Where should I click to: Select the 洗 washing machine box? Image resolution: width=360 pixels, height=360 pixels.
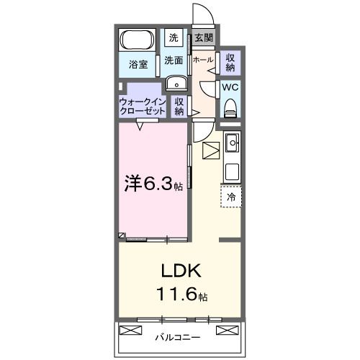click(174, 37)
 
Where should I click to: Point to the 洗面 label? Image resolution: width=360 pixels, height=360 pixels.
click(174, 60)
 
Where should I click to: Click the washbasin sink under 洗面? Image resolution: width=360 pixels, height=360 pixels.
click(176, 84)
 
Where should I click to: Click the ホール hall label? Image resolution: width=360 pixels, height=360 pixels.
click(202, 60)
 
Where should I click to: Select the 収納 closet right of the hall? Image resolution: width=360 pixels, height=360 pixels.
click(230, 62)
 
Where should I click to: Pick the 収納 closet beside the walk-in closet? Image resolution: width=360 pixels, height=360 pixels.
click(179, 107)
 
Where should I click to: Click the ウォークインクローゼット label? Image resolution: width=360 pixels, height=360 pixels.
click(143, 107)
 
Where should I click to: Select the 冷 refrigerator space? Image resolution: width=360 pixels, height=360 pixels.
click(231, 195)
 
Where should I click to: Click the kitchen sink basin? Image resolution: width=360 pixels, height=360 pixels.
click(232, 143)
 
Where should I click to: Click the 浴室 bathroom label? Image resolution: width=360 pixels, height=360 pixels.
click(138, 64)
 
